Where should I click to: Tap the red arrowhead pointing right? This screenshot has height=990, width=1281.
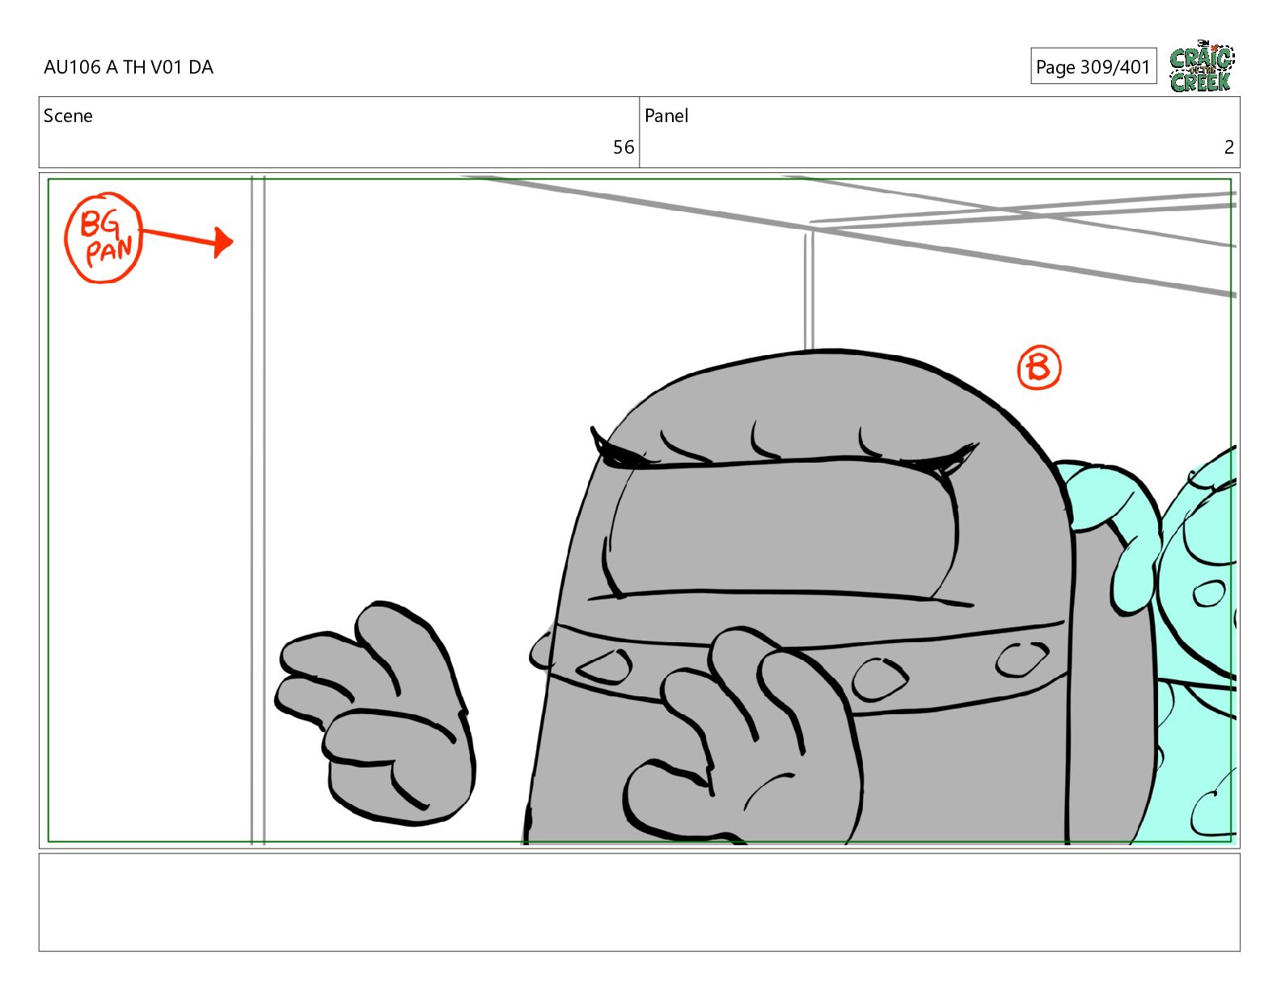pos(224,243)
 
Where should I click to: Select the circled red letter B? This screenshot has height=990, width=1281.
pos(1038,367)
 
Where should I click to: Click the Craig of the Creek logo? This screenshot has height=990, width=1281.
pos(1202,66)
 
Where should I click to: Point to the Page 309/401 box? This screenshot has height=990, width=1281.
pos(1093,66)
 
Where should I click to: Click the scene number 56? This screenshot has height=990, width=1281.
pos(623,147)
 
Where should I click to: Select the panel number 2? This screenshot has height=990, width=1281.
pos(1228,147)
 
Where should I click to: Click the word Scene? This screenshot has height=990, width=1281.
pos(68,116)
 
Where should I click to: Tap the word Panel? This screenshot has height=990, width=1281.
pos(666,116)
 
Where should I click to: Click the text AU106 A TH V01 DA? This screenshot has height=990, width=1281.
pos(129,67)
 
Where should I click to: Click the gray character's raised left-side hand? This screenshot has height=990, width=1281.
pos(375,713)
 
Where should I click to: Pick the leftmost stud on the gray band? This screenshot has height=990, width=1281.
pos(605,667)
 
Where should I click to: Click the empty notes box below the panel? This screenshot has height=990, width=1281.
pos(640,902)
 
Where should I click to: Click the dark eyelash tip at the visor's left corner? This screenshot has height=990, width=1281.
pos(593,429)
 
